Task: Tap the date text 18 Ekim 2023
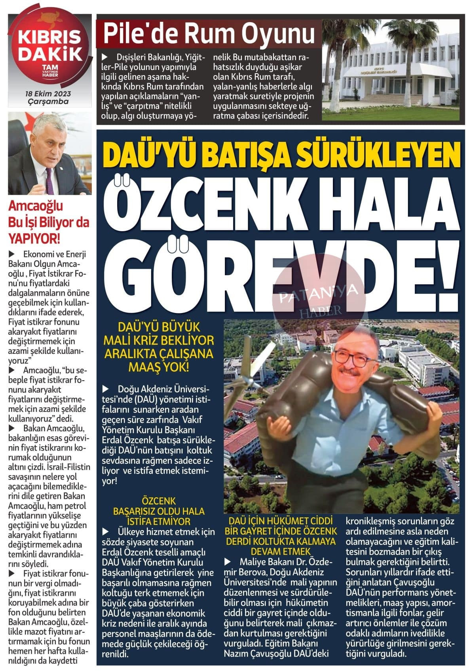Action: click(48, 94)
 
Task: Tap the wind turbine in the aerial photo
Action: click(253, 366)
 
